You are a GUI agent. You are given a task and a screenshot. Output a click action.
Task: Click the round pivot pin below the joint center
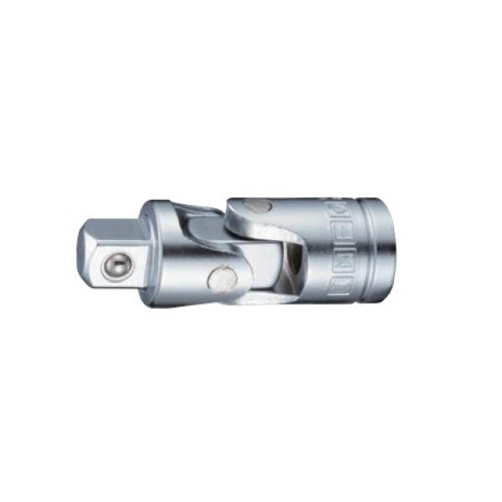click(x=223, y=278)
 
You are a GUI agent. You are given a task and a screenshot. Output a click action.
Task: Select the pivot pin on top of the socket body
click(x=260, y=206)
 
